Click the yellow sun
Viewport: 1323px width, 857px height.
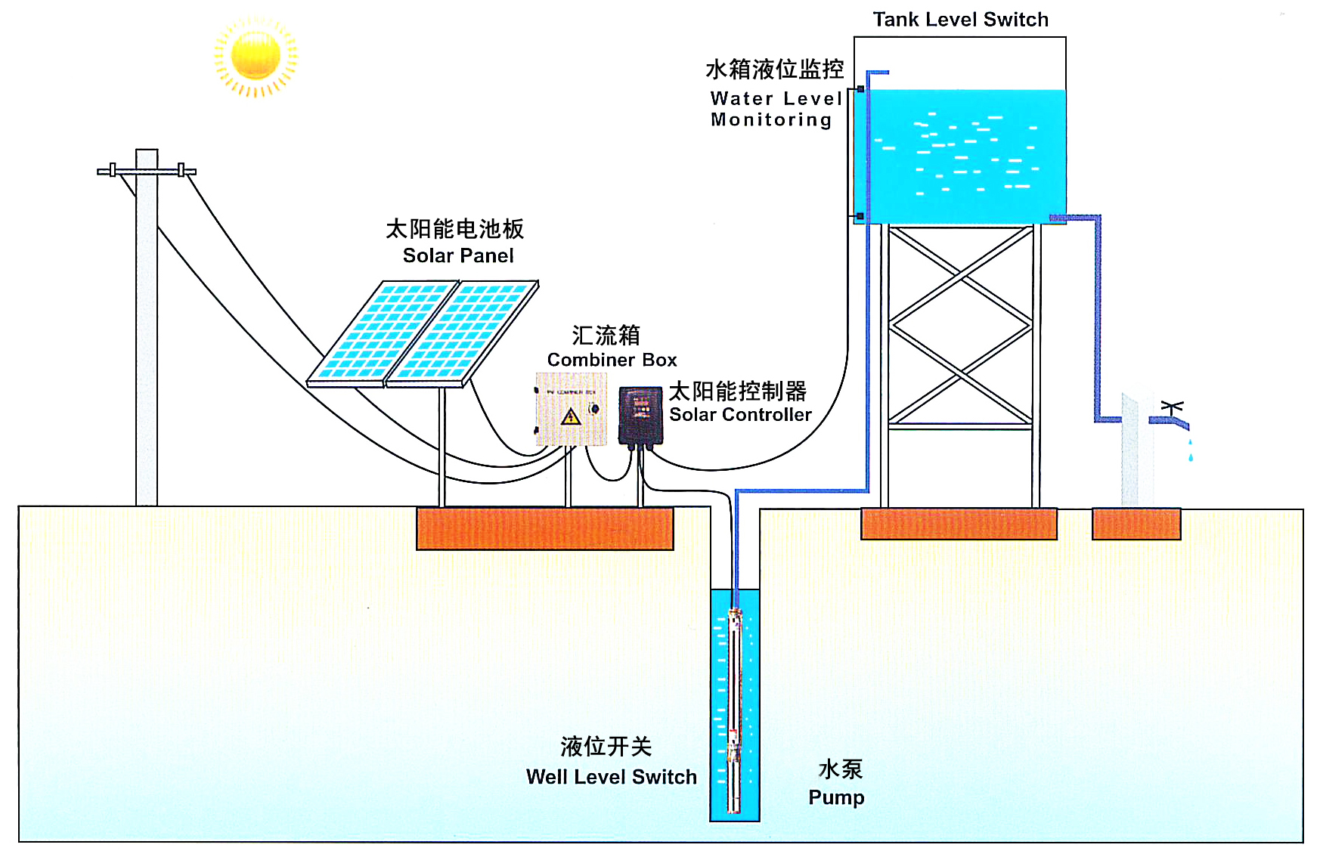(x=256, y=56)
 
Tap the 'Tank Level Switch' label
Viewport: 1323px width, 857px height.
(x=960, y=20)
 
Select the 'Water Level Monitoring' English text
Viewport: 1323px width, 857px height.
(x=775, y=110)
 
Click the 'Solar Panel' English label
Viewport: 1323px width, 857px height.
(x=458, y=256)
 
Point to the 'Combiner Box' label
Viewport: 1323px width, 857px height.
(x=612, y=360)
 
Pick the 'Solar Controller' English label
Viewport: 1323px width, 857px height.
(x=740, y=415)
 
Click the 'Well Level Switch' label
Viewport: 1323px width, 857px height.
(x=611, y=777)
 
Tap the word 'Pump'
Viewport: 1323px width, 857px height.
(x=836, y=797)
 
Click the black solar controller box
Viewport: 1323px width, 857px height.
(x=640, y=415)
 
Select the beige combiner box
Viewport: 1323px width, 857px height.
(x=571, y=409)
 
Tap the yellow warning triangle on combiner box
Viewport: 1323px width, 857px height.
(x=571, y=416)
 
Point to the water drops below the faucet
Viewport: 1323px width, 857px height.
(x=1191, y=452)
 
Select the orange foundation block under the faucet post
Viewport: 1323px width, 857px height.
(x=1136, y=524)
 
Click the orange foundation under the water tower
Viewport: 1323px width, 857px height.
(x=959, y=524)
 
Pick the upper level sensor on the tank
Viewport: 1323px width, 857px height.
(x=860, y=89)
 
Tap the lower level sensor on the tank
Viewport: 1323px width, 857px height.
(x=860, y=216)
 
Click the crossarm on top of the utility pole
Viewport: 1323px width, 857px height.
(x=147, y=172)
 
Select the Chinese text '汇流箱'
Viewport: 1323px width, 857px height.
(x=606, y=335)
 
